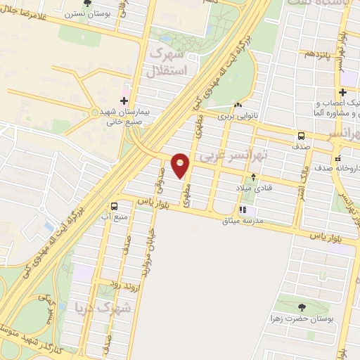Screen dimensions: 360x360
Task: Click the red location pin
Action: coord(181,165)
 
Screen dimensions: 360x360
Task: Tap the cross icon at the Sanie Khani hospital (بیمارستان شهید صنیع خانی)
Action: coord(124,101)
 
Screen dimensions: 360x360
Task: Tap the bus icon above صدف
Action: coord(301,136)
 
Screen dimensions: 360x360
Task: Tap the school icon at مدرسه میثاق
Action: coord(243,209)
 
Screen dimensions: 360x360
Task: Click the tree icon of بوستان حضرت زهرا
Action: coord(302,307)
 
